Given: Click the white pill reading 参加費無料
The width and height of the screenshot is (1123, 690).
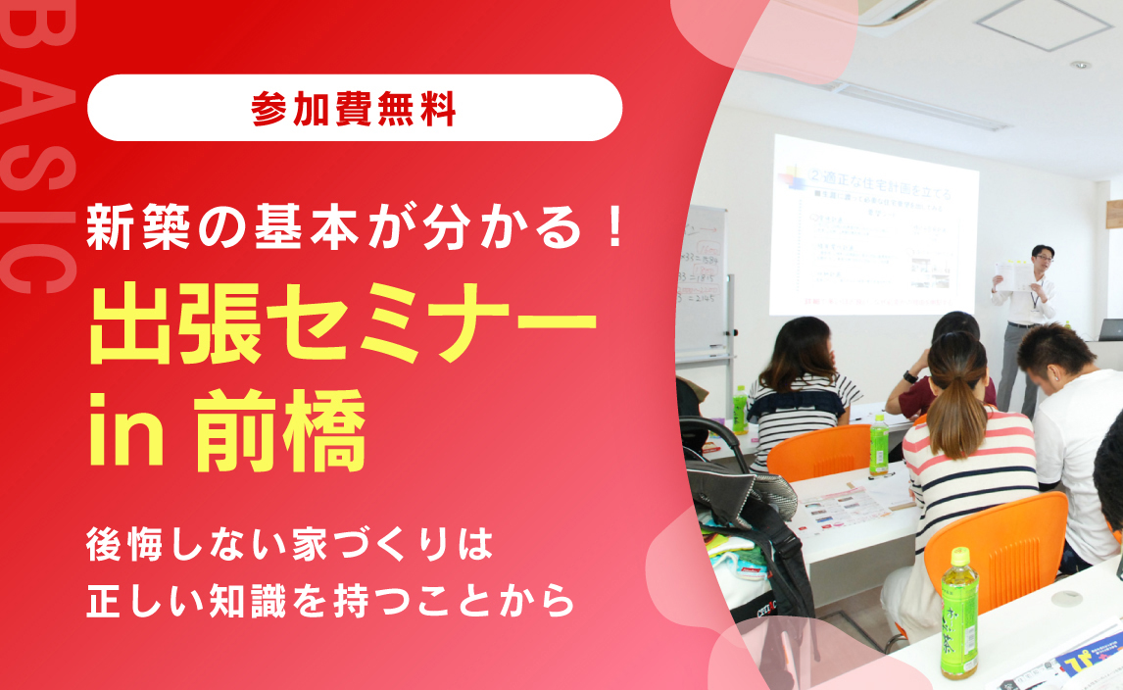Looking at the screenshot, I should coord(355,108).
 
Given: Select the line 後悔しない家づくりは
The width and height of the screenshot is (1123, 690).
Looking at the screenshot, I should coord(288,545).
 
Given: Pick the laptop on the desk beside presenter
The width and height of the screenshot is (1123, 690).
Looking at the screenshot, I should coord(1110,329).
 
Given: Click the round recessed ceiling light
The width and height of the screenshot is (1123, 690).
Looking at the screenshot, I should coord(1080,65).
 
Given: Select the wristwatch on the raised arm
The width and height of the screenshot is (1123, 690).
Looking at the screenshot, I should coord(910,376).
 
